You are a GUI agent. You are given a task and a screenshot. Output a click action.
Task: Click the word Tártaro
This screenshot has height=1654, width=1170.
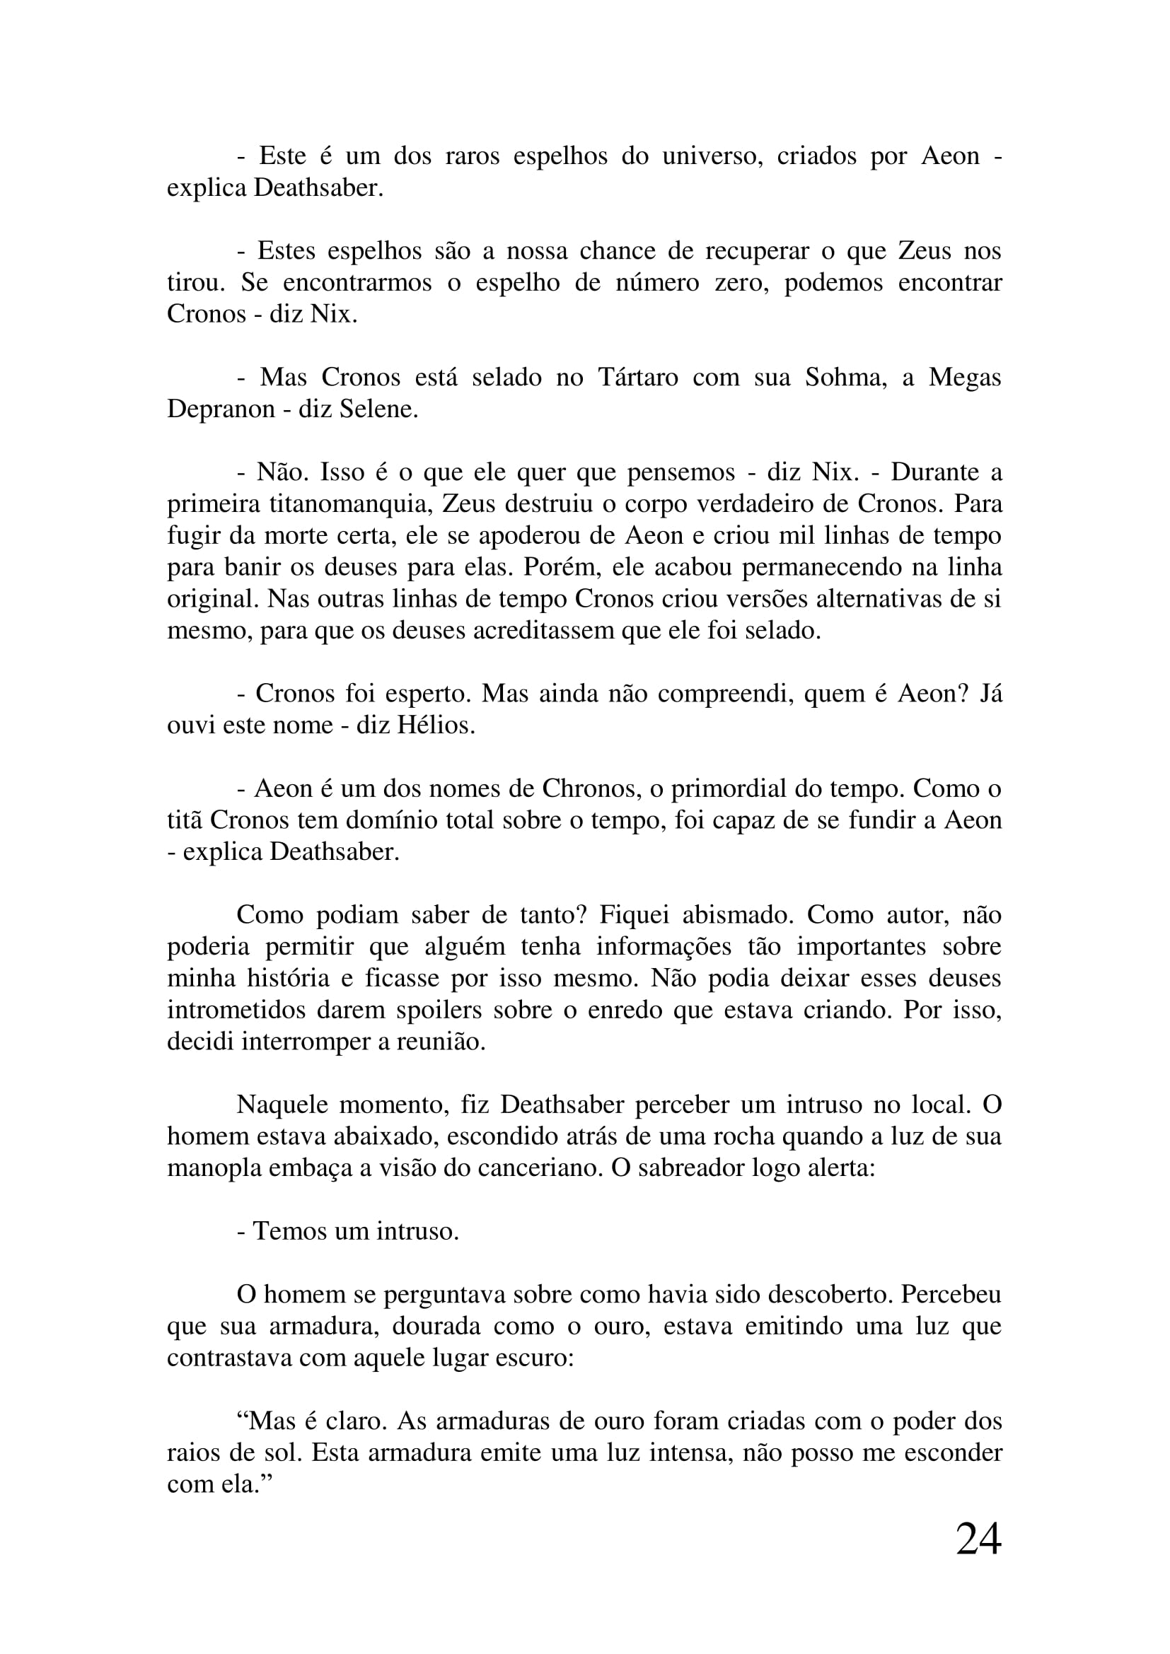point(637,378)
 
